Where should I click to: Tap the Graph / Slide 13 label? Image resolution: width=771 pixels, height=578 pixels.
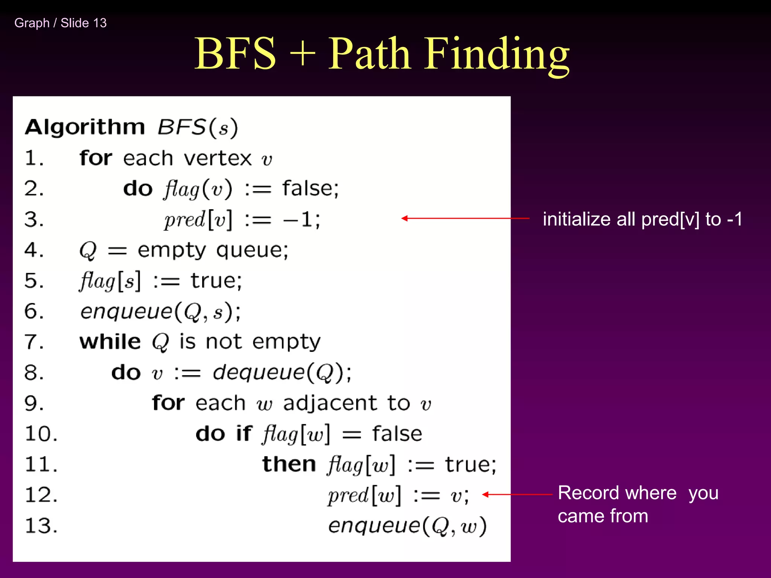[x=61, y=23]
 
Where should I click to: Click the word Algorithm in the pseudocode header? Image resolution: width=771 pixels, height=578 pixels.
[x=85, y=127]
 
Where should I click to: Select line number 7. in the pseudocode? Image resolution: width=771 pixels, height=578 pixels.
[x=34, y=342]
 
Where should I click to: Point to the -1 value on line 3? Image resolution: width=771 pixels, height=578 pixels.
[x=301, y=219]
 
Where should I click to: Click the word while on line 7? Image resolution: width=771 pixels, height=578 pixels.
[x=110, y=342]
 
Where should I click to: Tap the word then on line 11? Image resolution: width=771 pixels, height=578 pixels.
[x=289, y=464]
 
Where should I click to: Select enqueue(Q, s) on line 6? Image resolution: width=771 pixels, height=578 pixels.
[x=160, y=312]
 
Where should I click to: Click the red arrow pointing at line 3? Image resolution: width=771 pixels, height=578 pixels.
[x=465, y=218]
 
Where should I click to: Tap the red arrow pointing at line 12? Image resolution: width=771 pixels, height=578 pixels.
[x=517, y=494]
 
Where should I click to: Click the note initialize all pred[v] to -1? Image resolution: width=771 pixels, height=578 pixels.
[x=642, y=219]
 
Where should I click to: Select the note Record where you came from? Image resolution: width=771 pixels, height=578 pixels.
[x=638, y=504]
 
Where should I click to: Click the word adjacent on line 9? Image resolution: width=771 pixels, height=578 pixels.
[x=330, y=403]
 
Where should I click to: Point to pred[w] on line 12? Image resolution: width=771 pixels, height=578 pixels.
[x=364, y=495]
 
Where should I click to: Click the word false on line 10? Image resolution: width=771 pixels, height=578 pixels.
[x=397, y=433]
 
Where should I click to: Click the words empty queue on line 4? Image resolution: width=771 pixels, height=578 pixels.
[x=213, y=250]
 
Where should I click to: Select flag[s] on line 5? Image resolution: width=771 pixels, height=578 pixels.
[x=110, y=281]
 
